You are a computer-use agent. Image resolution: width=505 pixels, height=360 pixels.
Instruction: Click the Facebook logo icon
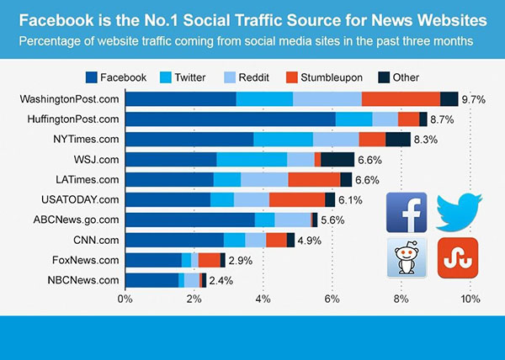[x=407, y=213]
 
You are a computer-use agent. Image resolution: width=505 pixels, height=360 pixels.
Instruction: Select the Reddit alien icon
[x=407, y=257]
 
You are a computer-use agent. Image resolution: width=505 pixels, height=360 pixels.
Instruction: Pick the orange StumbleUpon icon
[x=458, y=257]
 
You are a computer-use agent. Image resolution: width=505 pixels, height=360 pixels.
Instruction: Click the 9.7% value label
[x=474, y=99]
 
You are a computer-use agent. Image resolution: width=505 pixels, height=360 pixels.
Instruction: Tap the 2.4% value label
[x=221, y=281]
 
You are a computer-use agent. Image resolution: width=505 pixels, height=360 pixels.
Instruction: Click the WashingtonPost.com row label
[x=69, y=99]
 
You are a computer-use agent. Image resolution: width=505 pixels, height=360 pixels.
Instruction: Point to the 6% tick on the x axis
[x=332, y=299]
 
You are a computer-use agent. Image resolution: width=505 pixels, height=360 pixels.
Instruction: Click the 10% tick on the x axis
[x=469, y=299]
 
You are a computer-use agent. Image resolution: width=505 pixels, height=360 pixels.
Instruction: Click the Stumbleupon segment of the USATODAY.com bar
[x=296, y=199]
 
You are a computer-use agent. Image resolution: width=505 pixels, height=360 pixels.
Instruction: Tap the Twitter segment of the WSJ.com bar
[x=252, y=159]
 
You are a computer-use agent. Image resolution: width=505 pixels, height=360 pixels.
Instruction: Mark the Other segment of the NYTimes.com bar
[x=398, y=139]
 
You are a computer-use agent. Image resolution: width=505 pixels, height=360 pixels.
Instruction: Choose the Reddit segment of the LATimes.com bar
[x=264, y=179]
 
